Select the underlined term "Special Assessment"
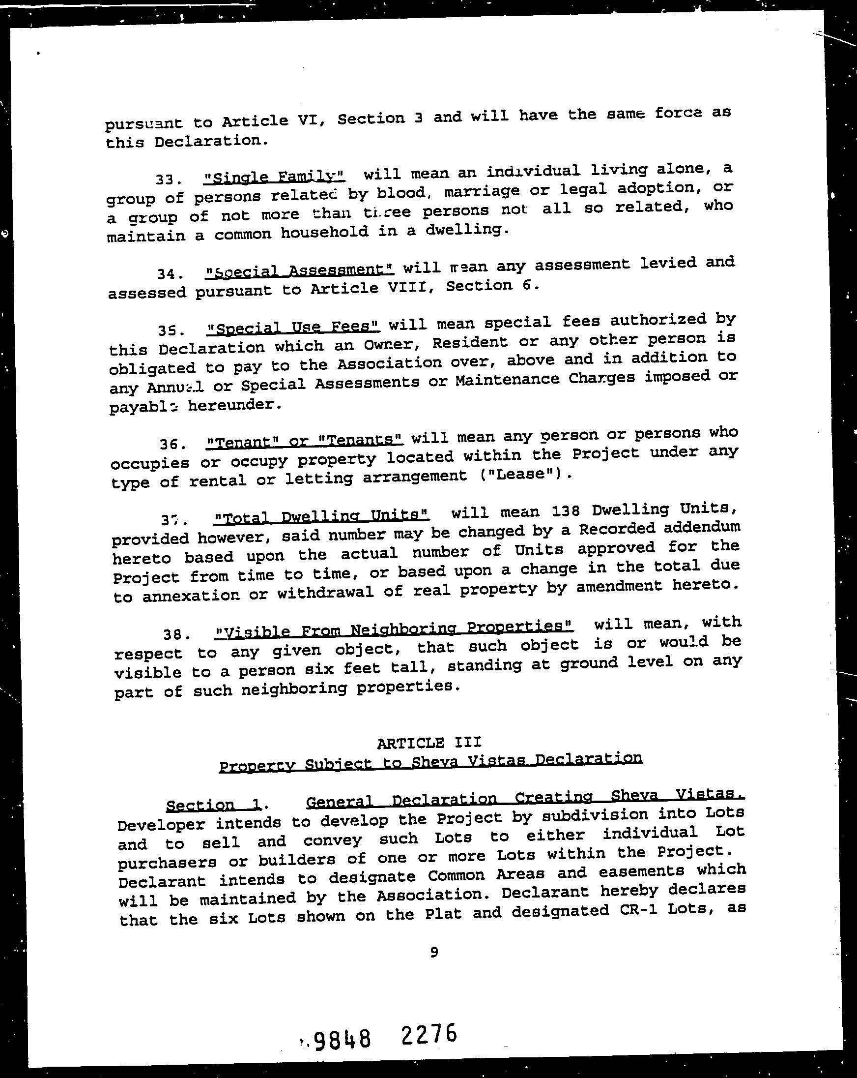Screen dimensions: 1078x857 (x=300, y=270)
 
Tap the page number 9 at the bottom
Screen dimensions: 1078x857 (x=434, y=953)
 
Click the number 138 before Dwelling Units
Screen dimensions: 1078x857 (x=564, y=511)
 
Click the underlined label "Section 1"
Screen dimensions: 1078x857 (x=214, y=805)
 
